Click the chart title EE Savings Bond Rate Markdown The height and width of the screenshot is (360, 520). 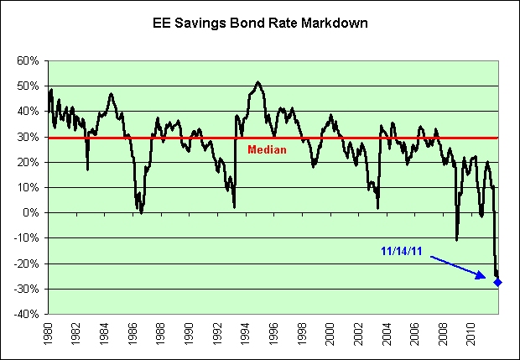[260, 23]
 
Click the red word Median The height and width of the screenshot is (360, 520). [267, 149]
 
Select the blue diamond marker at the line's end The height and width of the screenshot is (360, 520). [498, 282]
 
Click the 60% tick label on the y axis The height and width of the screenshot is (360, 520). [25, 61]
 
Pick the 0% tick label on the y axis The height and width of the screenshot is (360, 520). [29, 213]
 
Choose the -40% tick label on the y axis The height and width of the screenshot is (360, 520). [23, 314]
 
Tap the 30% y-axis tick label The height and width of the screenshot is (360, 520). [25, 137]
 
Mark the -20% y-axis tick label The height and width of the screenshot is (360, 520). [23, 263]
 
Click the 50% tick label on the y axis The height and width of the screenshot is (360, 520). [25, 86]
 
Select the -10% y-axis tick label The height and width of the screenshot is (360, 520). [23, 238]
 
